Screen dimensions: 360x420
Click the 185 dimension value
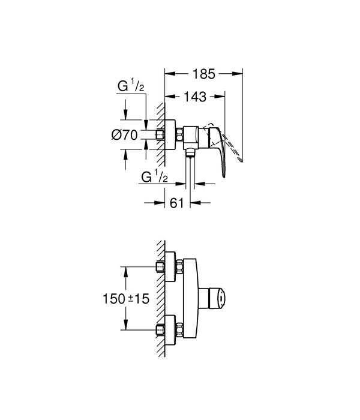pyautogui.click(x=203, y=74)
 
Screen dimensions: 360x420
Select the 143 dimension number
pyautogui.click(x=195, y=97)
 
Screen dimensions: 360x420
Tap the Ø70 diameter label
pyautogui.click(x=125, y=135)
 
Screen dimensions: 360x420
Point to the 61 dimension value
pyautogui.click(x=177, y=203)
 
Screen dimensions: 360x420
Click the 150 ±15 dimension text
pyautogui.click(x=126, y=298)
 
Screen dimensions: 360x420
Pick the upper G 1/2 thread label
pyautogui.click(x=131, y=86)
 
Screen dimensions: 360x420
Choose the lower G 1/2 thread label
pyautogui.click(x=155, y=177)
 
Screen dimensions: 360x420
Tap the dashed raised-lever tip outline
pyautogui.click(x=241, y=160)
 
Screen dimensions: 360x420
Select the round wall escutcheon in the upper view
pyautogui.click(x=170, y=135)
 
